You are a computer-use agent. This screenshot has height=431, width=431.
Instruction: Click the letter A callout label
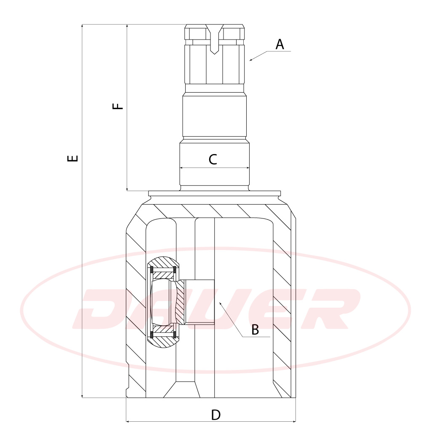279,45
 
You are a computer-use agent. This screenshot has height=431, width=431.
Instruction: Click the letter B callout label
255,330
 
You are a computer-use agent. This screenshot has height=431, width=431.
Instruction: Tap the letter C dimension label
213,159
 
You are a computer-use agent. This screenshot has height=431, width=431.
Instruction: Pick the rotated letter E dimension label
72,158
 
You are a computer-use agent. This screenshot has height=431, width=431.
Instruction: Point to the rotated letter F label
118,106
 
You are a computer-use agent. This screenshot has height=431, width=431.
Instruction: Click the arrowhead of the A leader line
251,60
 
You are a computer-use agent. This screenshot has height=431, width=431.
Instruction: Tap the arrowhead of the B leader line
220,303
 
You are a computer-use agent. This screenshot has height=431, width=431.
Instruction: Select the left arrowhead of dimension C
181,168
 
